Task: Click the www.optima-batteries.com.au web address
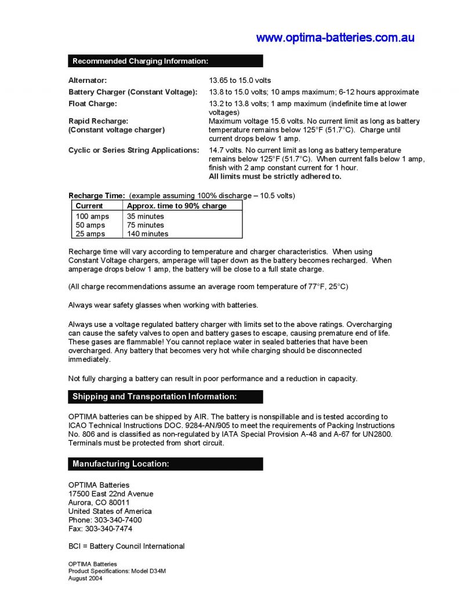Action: tap(335, 38)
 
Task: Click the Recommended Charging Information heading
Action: tap(140, 61)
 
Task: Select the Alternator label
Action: tap(88, 81)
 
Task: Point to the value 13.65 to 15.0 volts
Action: tap(240, 81)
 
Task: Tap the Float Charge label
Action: tap(93, 104)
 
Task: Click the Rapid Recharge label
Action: tap(98, 121)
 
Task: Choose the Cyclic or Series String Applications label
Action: tap(134, 150)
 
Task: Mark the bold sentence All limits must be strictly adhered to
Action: tap(275, 176)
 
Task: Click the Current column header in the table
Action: tap(89, 206)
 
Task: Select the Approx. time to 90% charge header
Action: tap(177, 206)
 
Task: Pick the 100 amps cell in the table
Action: tap(92, 216)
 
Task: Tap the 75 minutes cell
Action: tap(146, 225)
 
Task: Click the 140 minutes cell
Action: tap(147, 234)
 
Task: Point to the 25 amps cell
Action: tap(90, 234)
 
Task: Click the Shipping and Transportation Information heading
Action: tap(154, 397)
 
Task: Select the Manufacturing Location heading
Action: tap(121, 464)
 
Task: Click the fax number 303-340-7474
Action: tap(108, 529)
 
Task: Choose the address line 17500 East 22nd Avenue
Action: tap(111, 494)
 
